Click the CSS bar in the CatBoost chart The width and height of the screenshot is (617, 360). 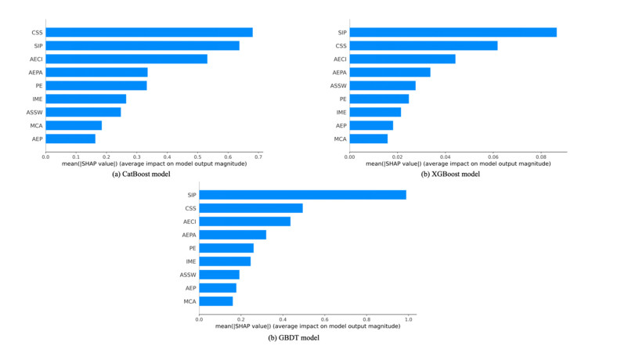tap(149, 32)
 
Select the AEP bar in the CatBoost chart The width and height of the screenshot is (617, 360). tap(70, 139)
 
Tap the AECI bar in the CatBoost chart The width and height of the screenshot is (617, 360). tap(126, 59)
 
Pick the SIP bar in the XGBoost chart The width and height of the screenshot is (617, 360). tap(453, 32)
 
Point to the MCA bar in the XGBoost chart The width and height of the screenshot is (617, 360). tap(368, 139)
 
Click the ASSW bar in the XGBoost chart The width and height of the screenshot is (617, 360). tap(382, 85)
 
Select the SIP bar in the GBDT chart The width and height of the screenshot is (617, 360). tap(303, 195)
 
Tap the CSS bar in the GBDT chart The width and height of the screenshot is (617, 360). tap(251, 208)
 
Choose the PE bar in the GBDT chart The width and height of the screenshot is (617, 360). tap(227, 248)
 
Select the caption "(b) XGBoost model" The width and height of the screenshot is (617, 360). tap(450, 175)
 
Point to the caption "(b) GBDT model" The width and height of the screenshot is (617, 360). tap(294, 337)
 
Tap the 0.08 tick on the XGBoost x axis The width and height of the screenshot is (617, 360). tap(541, 157)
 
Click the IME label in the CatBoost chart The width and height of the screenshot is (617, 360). tap(37, 99)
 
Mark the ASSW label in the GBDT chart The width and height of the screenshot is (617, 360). tap(188, 275)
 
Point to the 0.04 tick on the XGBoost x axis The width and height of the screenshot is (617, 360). tap(446, 157)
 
